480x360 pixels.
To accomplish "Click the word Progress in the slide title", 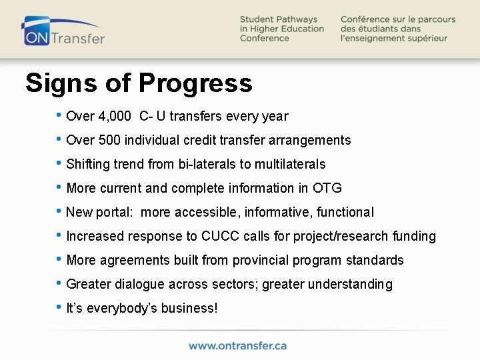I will pos(195,83).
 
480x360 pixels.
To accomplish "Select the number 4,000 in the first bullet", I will pos(115,117).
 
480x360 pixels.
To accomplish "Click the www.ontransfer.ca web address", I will pos(238,345).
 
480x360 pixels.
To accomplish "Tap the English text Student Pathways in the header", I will pos(279,19).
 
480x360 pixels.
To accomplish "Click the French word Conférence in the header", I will pos(367,19).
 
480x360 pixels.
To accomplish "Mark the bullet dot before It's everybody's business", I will pos(61,308).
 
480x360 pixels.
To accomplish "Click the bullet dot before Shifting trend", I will pos(61,164).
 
